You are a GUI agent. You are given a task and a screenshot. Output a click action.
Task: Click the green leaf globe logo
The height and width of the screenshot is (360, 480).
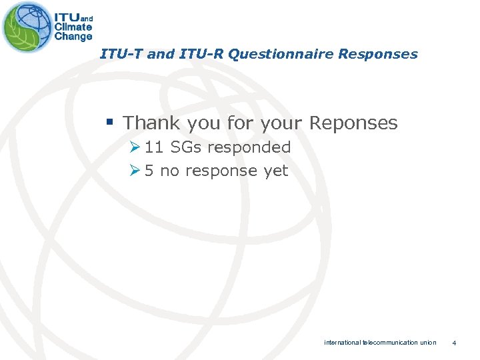[x=27, y=27]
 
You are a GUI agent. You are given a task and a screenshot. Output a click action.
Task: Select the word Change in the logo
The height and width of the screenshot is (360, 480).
[x=73, y=37]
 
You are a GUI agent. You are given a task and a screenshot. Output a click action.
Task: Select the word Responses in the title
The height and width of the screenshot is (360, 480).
[x=378, y=54]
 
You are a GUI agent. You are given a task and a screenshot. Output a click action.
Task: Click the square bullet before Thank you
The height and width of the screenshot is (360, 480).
[x=110, y=123]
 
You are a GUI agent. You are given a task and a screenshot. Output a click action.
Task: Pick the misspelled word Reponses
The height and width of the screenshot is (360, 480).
[x=351, y=123]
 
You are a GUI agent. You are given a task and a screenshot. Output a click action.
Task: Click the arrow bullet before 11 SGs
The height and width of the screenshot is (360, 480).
[x=135, y=147]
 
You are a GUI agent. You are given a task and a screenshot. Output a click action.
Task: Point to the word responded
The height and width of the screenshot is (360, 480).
[x=249, y=147]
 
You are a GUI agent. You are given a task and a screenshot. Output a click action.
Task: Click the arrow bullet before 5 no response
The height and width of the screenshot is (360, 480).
[x=135, y=171]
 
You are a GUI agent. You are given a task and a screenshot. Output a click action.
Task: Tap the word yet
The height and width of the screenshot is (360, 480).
[x=275, y=171]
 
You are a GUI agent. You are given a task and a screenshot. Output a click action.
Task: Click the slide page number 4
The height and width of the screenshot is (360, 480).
[x=454, y=343]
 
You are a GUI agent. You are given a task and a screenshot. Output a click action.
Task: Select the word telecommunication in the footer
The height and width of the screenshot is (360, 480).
[x=390, y=343]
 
